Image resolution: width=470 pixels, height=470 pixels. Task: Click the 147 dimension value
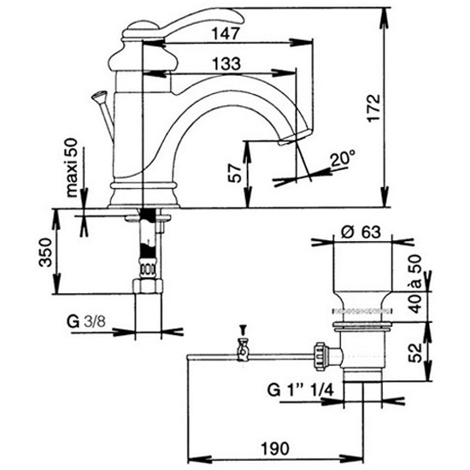click(226, 33)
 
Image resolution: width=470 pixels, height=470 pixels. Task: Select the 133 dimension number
click(226, 63)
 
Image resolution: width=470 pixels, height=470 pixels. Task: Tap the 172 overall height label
click(373, 108)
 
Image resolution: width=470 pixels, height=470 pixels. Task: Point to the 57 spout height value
click(235, 173)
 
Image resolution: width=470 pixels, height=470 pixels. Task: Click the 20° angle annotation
click(343, 158)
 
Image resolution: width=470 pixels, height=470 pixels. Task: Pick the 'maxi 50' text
click(71, 167)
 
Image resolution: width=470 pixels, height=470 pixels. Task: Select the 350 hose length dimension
click(45, 252)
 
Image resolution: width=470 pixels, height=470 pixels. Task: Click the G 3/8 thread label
click(86, 322)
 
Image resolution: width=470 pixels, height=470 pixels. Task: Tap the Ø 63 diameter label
click(361, 232)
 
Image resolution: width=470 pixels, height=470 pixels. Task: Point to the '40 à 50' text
click(415, 283)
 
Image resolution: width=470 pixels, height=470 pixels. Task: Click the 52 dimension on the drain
click(415, 352)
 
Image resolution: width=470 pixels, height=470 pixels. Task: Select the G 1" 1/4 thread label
click(300, 391)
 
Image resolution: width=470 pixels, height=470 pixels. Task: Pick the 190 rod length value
click(275, 449)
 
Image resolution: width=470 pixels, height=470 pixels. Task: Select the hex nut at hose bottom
click(148, 286)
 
